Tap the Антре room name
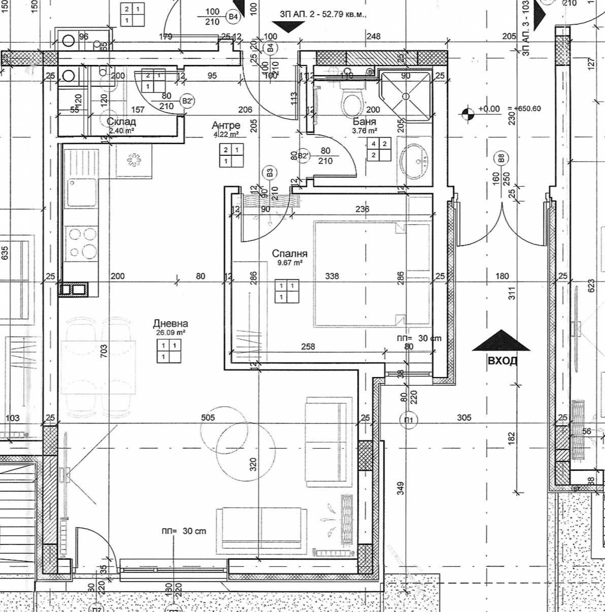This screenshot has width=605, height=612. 226,126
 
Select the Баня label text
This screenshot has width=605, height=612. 364,122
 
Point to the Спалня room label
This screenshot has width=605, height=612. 290,254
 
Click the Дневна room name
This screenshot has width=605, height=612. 170,324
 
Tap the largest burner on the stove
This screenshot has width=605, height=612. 89,252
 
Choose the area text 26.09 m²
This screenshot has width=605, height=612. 170,333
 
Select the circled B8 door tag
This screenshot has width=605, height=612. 500,158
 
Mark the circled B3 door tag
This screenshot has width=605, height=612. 270,173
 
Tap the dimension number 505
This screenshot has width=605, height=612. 208,418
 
